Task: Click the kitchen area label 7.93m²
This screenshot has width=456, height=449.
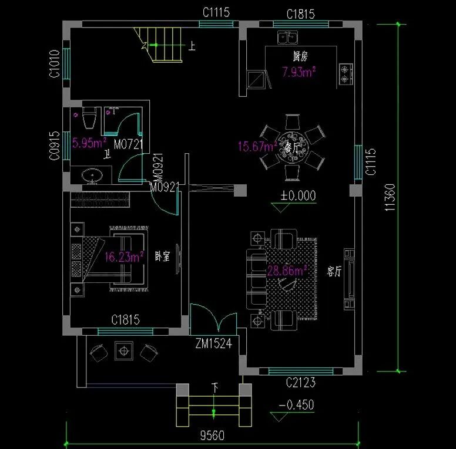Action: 299,73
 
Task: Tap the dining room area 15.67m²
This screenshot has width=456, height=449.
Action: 257,146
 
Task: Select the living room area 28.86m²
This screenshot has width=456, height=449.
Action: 288,271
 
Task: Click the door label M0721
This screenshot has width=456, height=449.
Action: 128,144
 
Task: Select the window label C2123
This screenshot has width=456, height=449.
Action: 301,383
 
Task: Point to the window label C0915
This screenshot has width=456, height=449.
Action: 54,145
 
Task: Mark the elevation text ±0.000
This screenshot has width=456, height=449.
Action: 298,195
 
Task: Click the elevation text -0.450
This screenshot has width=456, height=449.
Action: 296,405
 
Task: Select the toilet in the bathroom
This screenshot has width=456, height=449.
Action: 89,120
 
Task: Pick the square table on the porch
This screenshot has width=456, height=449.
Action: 123,350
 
